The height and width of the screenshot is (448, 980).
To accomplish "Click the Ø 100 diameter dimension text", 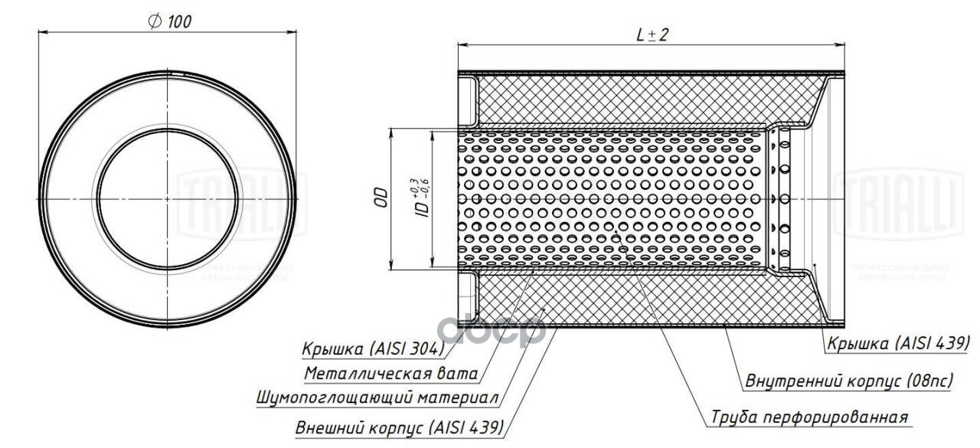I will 169,21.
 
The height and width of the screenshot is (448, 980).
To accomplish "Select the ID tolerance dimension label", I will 420,198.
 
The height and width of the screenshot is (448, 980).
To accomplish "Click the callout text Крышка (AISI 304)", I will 372,348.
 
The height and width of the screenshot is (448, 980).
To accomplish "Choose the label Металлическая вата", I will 390,374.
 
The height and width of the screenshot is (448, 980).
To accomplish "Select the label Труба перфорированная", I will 809,417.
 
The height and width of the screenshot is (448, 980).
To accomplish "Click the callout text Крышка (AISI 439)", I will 898,342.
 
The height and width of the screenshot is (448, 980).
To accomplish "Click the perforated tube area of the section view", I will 612,199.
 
